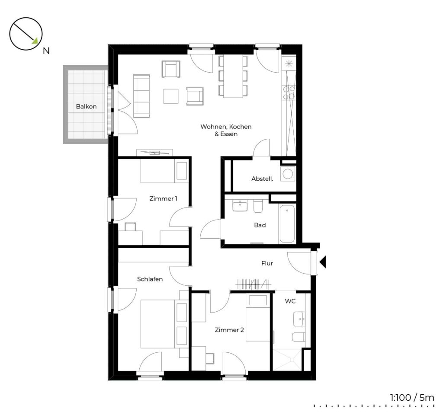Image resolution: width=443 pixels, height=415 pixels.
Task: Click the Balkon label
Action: pyautogui.click(x=86, y=106)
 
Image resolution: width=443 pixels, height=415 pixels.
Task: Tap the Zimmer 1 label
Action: pyautogui.click(x=163, y=198)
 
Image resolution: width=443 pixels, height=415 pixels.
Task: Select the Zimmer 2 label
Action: pyautogui.click(x=229, y=330)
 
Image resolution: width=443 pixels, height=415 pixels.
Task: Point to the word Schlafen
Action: pyautogui.click(x=150, y=279)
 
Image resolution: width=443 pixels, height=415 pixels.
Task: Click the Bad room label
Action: pyautogui.click(x=260, y=225)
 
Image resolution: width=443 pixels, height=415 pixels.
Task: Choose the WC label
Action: pyautogui.click(x=290, y=301)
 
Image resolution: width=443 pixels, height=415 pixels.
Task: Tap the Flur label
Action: pyautogui.click(x=267, y=263)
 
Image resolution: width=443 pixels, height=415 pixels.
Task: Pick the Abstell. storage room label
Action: pyautogui.click(x=262, y=179)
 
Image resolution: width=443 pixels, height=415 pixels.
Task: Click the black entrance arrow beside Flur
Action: pyautogui.click(x=323, y=262)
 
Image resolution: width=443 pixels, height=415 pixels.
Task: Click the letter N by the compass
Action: pyautogui.click(x=46, y=51)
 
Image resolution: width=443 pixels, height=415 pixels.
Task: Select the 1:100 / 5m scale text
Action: pyautogui.click(x=412, y=398)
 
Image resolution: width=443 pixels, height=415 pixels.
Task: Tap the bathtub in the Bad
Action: pyautogui.click(x=287, y=223)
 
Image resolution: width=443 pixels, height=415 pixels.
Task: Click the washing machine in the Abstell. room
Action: pyautogui.click(x=288, y=174)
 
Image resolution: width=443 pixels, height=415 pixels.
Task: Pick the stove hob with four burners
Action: pyautogui.click(x=289, y=93)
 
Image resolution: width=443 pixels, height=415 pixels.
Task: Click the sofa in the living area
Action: pyautogui.click(x=141, y=96)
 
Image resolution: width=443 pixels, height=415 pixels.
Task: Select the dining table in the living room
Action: pyautogui.click(x=233, y=76)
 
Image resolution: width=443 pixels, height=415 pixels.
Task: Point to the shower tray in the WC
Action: pyautogui.click(x=287, y=359)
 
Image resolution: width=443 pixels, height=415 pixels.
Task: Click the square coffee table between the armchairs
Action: pyautogui.click(x=171, y=96)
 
